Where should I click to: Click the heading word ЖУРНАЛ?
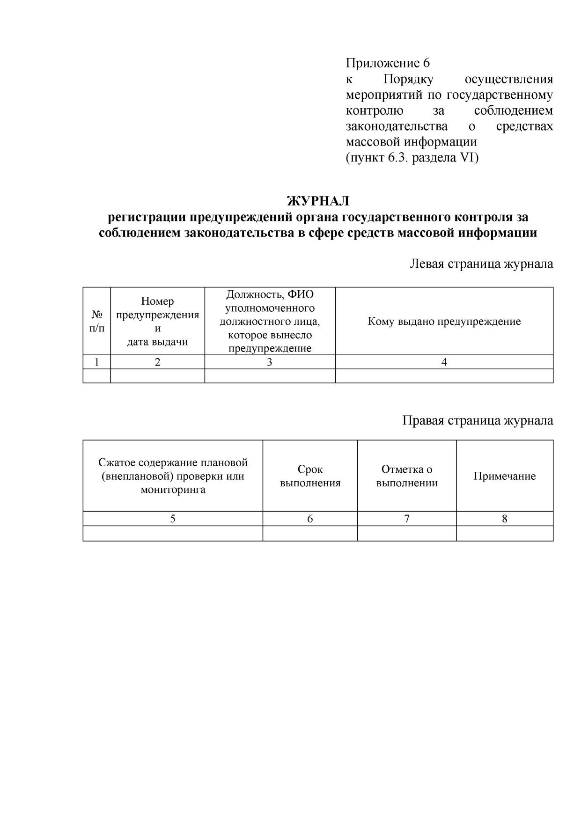tap(318, 201)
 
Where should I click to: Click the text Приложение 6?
tap(387, 63)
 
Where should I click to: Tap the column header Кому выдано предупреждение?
tap(444, 322)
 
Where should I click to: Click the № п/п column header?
tap(97, 321)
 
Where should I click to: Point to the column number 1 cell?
tap(97, 362)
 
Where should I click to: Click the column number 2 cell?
tap(157, 362)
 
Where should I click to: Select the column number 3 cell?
tap(270, 362)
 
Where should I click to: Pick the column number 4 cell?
tap(444, 362)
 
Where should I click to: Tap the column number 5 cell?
tap(173, 519)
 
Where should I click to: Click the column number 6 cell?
tap(310, 519)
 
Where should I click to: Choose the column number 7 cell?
tap(407, 519)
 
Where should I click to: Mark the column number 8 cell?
tap(505, 519)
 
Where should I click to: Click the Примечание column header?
tap(505, 476)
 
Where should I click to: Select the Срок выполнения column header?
tap(310, 476)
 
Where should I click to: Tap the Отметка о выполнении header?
tap(407, 476)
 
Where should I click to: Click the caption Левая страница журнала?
tap(481, 264)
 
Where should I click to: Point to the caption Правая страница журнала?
tap(478, 420)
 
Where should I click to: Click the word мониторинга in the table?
tap(173, 490)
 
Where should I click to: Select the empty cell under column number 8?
tap(505, 533)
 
